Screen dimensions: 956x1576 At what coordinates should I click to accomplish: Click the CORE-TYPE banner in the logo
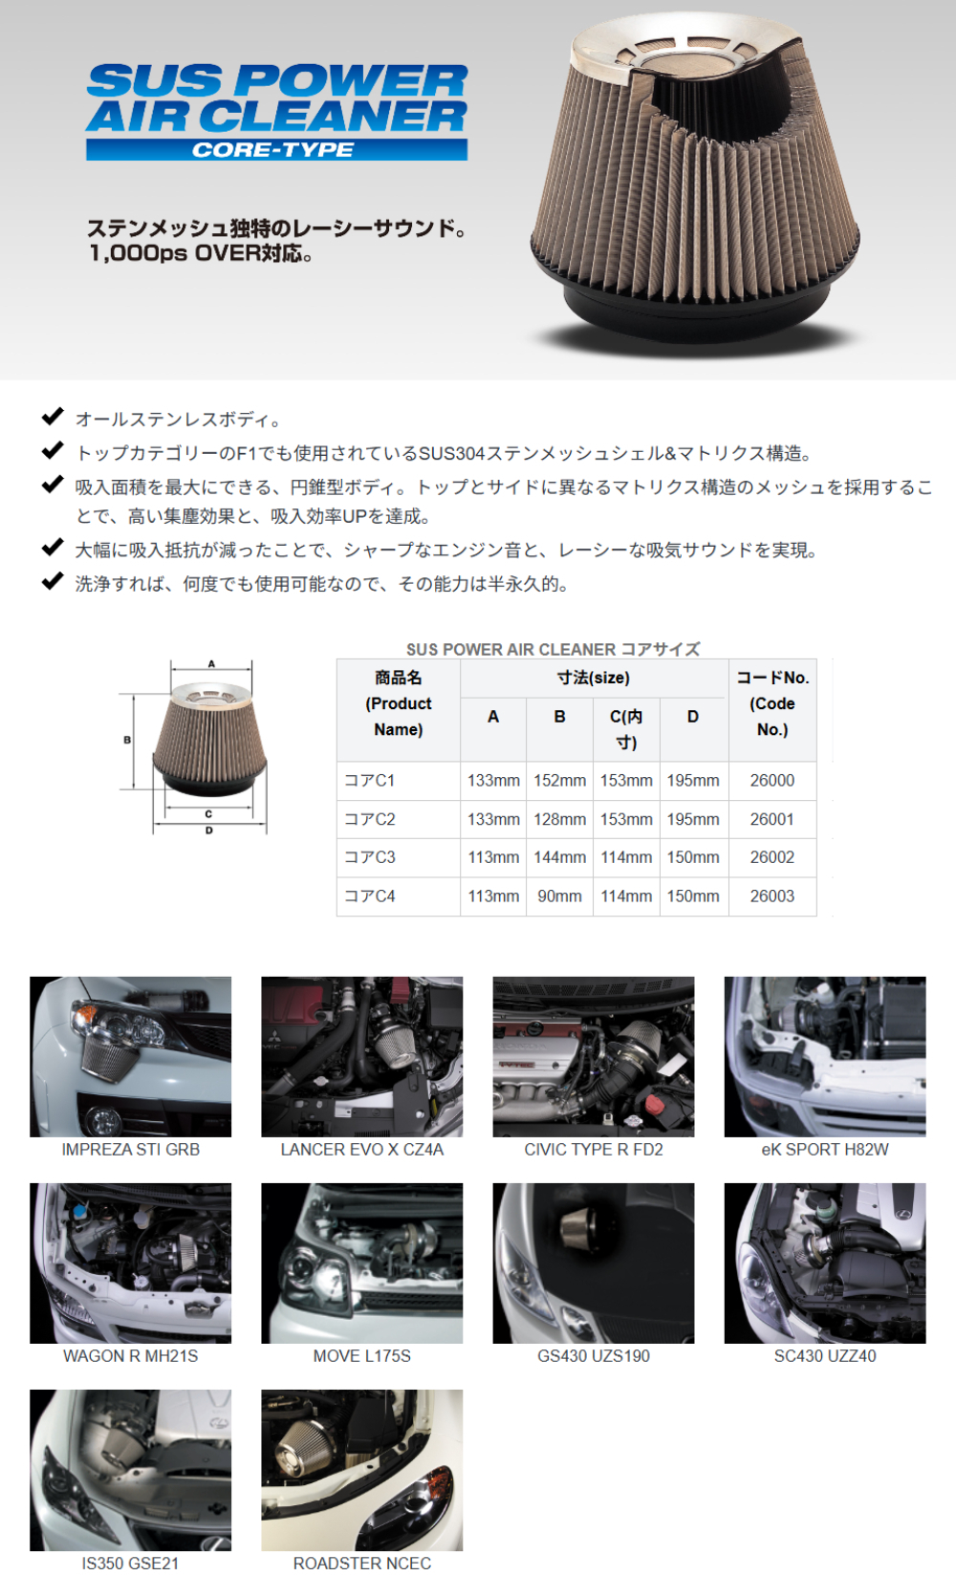276,150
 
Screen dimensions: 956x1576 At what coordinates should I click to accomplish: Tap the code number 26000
771,780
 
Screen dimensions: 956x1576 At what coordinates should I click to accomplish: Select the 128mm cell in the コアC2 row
559,819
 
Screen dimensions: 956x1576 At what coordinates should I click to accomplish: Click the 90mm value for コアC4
559,896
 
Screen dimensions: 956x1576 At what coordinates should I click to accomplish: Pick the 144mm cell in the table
559,857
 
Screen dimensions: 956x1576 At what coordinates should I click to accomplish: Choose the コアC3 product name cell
370,857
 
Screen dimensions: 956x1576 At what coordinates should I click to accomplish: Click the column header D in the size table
693,716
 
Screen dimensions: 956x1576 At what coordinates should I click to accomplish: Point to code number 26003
771,896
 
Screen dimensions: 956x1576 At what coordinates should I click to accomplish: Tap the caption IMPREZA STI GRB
131,1149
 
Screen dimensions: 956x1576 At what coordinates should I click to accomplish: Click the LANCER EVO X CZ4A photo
361,1056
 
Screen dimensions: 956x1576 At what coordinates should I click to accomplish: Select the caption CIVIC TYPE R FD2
594,1149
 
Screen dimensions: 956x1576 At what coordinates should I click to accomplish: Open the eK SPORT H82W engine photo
825,1056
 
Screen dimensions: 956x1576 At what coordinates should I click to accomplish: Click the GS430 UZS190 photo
594,1263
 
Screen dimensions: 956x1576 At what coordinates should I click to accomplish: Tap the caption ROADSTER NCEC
361,1563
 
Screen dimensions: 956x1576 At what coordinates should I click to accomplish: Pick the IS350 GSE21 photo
130,1470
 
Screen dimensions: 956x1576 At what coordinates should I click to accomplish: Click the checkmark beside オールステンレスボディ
53,417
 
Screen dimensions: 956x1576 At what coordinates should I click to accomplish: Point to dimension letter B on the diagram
127,740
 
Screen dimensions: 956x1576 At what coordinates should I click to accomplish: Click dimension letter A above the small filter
211,663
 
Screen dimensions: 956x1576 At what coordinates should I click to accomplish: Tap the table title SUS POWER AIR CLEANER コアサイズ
553,649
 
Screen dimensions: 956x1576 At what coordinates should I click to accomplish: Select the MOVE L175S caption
361,1356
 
